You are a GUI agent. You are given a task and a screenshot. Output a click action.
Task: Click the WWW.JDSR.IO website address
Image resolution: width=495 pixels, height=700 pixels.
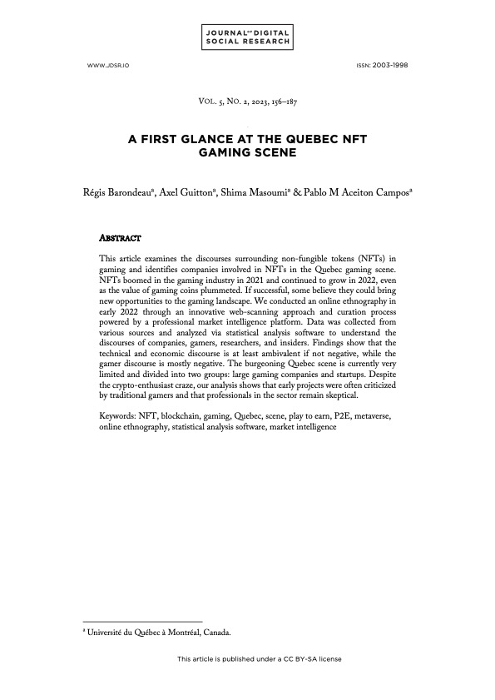(x=102, y=64)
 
